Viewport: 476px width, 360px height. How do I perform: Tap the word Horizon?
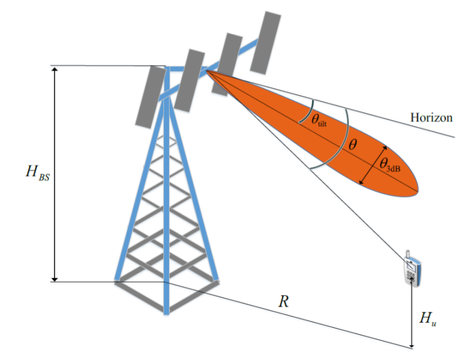coord(431,118)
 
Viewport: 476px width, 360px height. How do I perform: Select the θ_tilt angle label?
coord(322,119)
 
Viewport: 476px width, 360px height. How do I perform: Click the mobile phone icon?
coord(412,269)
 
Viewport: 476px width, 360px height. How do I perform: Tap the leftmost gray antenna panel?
coord(150,96)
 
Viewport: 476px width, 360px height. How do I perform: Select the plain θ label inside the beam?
coord(352,145)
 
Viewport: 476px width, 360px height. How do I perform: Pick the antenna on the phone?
coord(407,254)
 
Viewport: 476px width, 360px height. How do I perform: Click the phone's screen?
coord(411,265)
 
